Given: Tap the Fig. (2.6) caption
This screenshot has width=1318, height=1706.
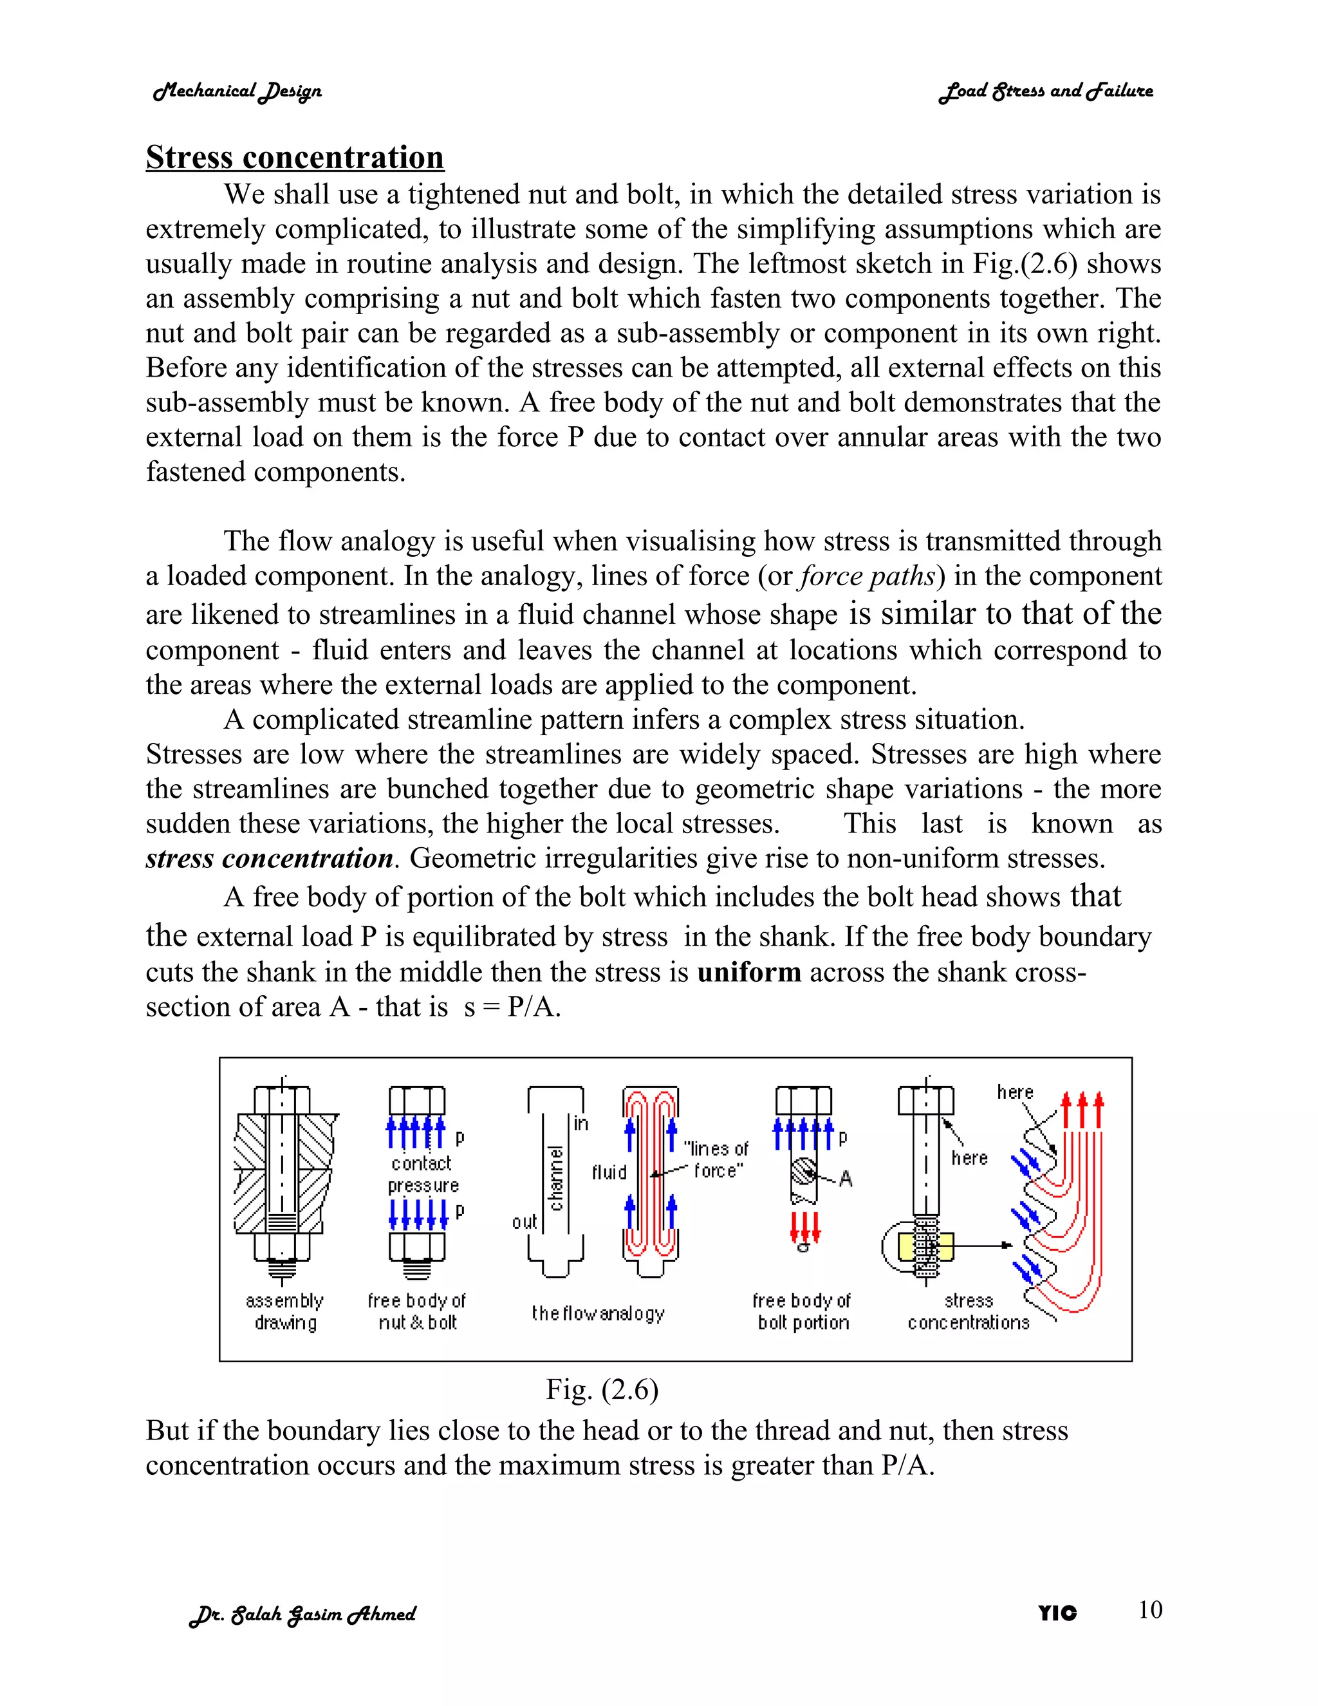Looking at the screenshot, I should coord(601,1390).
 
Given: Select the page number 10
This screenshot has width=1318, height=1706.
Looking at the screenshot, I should coord(1149,1609).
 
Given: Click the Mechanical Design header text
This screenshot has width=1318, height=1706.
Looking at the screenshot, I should coord(237,91).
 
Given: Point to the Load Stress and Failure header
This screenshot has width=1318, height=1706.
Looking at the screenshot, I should coord(1046,91).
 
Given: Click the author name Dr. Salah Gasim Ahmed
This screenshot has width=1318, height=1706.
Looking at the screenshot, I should coord(303,1614).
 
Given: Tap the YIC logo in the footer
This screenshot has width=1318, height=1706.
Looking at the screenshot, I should coord(1057,1613).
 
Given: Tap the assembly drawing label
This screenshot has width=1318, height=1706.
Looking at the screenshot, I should coord(284,1311).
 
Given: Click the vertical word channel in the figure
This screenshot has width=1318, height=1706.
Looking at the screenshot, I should coord(556,1179).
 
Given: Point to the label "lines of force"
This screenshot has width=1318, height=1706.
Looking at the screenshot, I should coord(716,1159).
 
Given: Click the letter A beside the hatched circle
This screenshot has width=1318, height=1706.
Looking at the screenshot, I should coord(845,1179).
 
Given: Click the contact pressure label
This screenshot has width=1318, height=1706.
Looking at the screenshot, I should coord(422,1174).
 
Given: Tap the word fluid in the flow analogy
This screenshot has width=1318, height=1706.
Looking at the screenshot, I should coord(609,1172).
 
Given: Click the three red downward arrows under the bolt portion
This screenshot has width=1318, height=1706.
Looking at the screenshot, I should coord(804,1227).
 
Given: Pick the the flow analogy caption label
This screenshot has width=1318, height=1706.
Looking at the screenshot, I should coord(597,1313).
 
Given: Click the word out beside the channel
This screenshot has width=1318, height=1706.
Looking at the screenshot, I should coord(524,1222).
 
